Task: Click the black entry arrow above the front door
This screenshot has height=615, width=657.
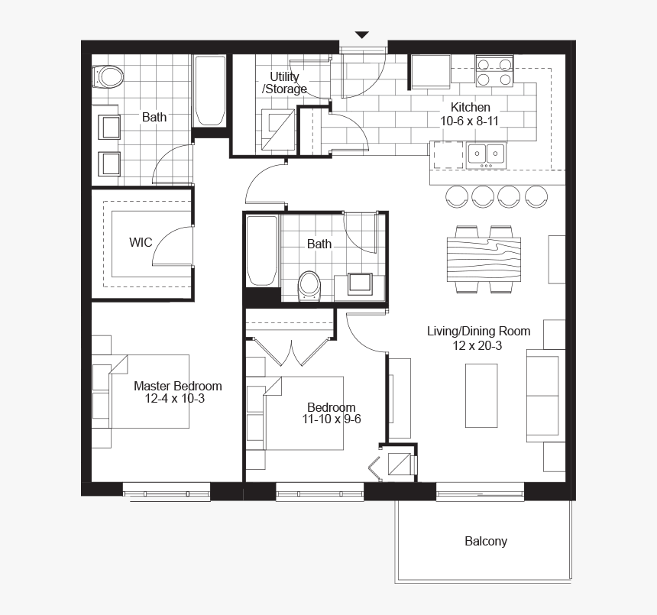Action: (362, 34)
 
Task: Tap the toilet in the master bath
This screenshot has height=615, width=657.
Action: (108, 76)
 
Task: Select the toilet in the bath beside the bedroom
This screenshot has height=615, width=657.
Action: (309, 284)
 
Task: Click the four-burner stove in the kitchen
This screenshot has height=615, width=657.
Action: (494, 71)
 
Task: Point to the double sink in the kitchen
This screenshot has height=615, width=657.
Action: (486, 154)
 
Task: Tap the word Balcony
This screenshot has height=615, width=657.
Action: (486, 542)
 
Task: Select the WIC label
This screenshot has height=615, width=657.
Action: (140, 243)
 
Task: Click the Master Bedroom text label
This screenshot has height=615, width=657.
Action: (178, 386)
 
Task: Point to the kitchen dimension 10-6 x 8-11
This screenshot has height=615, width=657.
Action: (470, 121)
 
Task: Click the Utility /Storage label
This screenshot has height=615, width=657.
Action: (284, 83)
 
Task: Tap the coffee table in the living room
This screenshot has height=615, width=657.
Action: (481, 395)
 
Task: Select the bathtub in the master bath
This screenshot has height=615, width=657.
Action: (209, 91)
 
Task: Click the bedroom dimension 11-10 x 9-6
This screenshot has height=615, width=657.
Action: (332, 419)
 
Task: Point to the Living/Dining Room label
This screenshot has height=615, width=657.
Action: (478, 331)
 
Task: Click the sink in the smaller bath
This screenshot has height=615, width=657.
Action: (359, 283)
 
